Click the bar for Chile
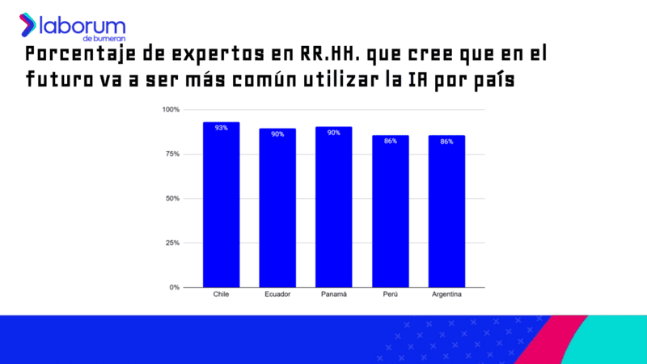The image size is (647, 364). [221, 206]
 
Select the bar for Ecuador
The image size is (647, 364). [277, 209]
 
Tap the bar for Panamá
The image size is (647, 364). [333, 209]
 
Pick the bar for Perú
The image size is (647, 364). [390, 212]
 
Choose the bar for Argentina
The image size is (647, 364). [446, 212]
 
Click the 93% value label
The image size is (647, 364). [221, 128]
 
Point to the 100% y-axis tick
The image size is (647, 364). [171, 109]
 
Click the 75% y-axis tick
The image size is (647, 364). [172, 154]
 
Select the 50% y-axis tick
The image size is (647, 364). [172, 198]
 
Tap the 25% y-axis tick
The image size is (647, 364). [172, 243]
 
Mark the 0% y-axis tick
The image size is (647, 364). [174, 287]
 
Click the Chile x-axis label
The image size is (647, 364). [221, 294]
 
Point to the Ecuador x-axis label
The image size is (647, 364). [277, 294]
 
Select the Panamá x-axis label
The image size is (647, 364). [333, 294]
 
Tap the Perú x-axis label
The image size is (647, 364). [390, 294]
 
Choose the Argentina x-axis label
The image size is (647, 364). [446, 294]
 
